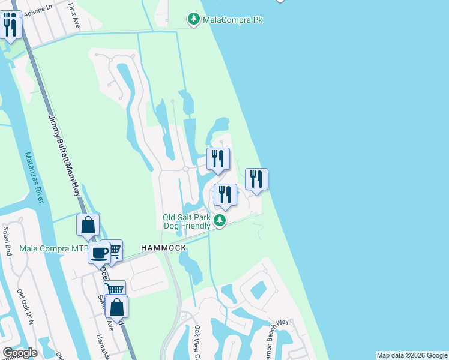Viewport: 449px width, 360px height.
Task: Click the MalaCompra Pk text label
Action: [234, 20]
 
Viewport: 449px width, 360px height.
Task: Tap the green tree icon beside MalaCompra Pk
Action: [194, 20]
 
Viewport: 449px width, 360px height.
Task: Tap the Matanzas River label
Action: [34, 177]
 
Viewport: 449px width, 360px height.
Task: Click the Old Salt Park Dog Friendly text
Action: [187, 221]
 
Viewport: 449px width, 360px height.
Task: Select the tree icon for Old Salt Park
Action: [221, 221]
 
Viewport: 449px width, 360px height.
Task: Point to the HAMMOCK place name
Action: [164, 247]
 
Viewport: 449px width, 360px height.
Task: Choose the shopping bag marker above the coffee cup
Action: [88, 225]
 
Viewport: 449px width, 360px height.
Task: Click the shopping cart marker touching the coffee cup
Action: [112, 250]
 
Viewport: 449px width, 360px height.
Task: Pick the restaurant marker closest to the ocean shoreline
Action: [256, 179]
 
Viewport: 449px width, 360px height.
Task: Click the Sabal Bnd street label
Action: [7, 241]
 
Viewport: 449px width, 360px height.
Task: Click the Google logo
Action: [20, 353]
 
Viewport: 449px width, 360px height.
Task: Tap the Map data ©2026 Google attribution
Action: [412, 355]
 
